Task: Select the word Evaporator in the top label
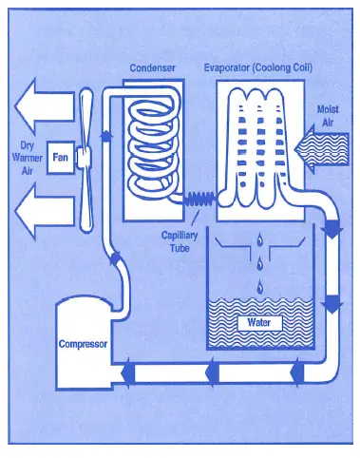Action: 229,68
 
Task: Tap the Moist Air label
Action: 326,116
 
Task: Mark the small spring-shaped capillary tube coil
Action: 198,200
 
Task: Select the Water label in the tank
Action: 259,322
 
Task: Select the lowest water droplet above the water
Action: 258,285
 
